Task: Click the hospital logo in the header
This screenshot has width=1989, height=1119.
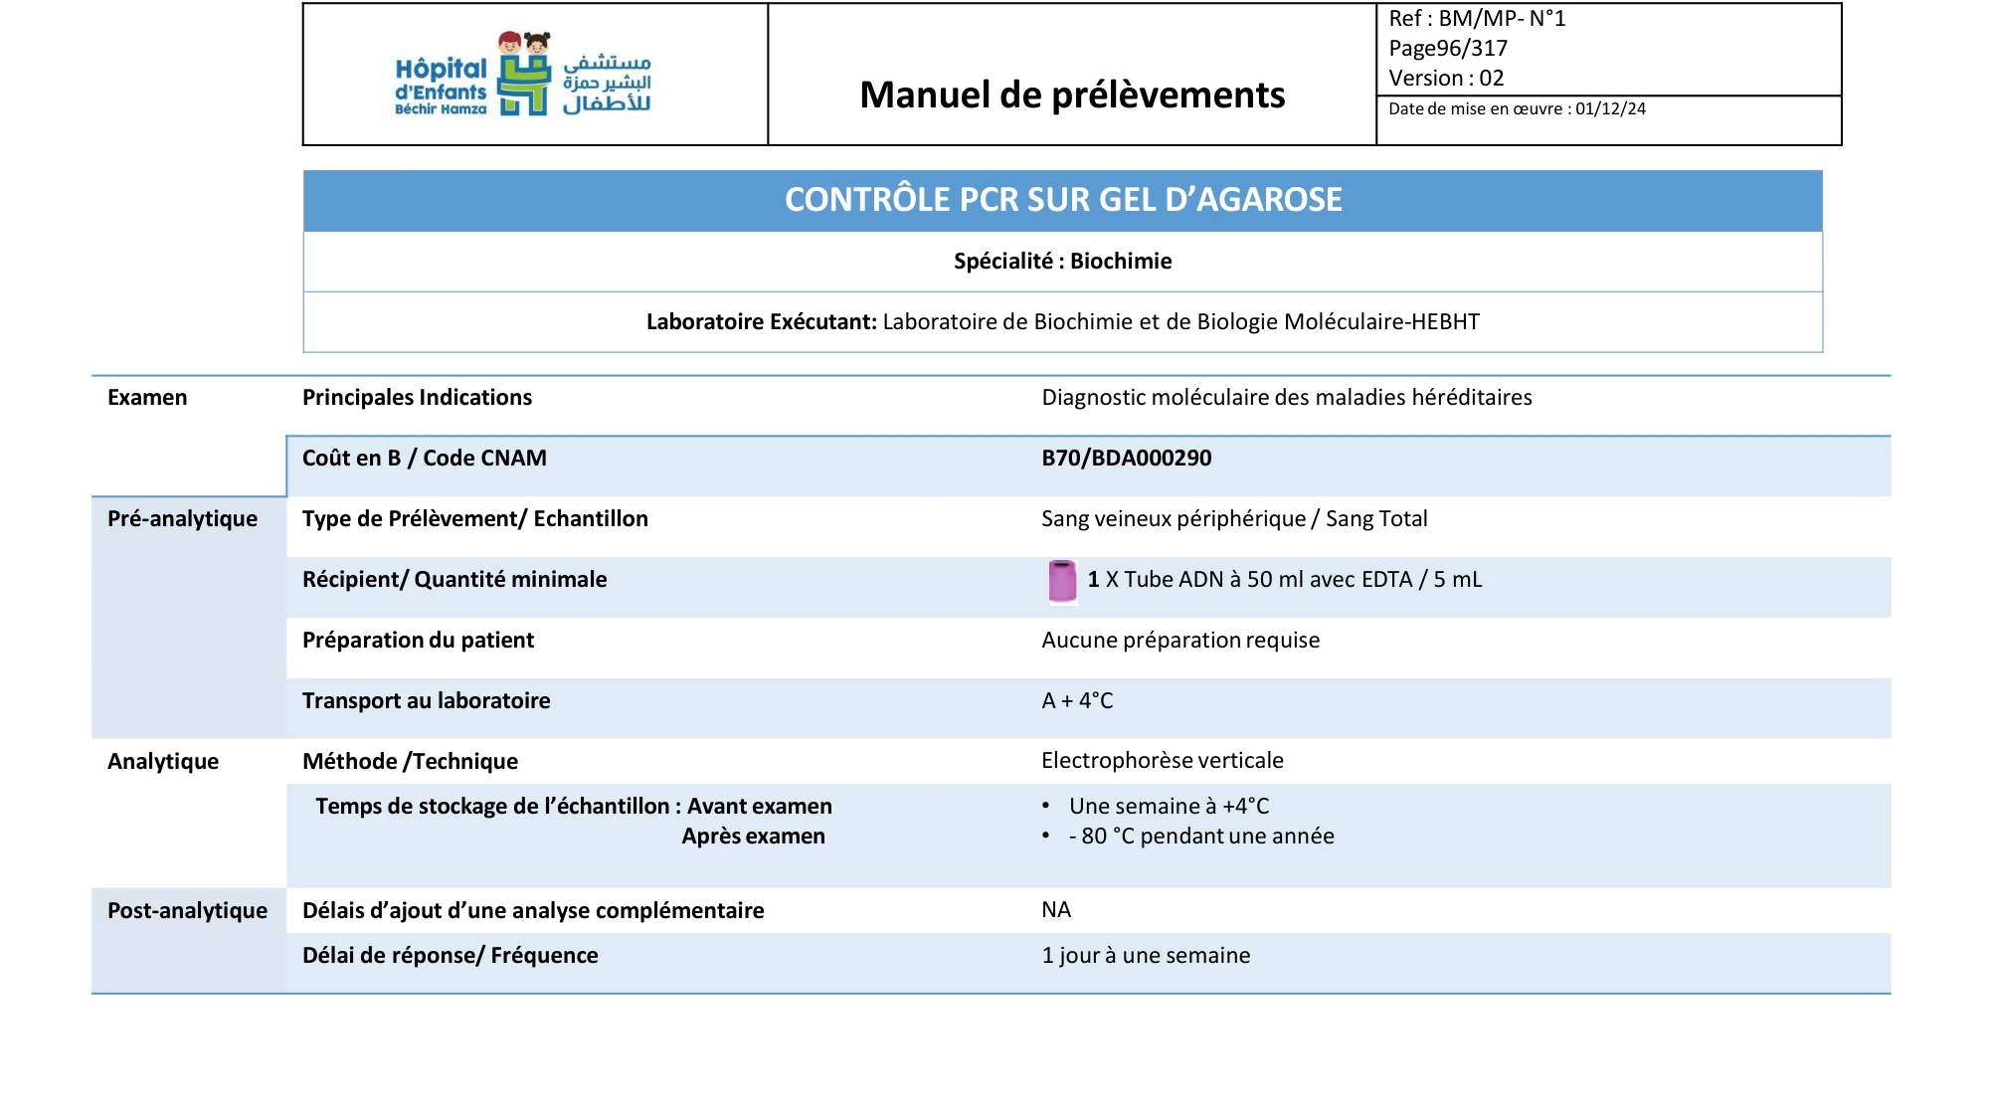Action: click(523, 75)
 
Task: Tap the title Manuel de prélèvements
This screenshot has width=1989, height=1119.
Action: click(1071, 95)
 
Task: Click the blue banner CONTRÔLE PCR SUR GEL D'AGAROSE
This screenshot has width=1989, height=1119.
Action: click(1062, 200)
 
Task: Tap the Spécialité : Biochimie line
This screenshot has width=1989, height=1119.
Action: click(1062, 262)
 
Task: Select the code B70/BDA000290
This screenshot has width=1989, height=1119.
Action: click(1126, 459)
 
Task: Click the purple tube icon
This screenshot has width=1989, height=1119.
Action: click(1061, 581)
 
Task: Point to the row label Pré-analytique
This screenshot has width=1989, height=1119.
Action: click(182, 519)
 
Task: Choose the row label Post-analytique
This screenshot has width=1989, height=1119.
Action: click(187, 911)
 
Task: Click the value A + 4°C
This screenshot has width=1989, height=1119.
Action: click(1077, 701)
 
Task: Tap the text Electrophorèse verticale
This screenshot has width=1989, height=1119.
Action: click(1162, 761)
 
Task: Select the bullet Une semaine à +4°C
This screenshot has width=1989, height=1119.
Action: click(1169, 807)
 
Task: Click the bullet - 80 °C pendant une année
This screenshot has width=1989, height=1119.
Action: click(1201, 837)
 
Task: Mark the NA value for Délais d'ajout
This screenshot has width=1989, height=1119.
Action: click(1056, 910)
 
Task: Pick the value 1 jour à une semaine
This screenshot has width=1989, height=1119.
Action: click(1146, 956)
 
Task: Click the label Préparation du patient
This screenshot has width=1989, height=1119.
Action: click(418, 641)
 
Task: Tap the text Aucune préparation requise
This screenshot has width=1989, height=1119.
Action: click(1180, 641)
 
